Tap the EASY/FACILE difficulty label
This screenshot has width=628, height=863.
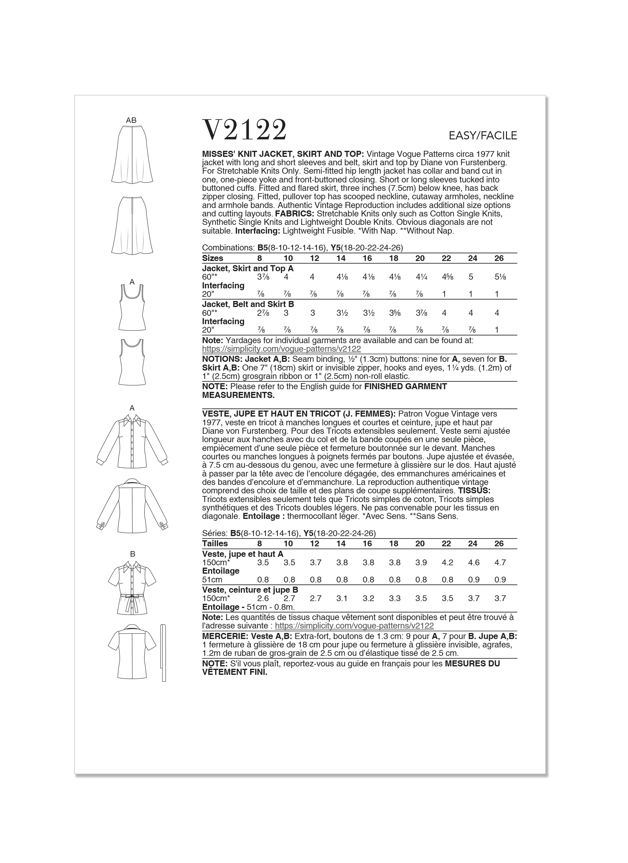pyautogui.click(x=483, y=135)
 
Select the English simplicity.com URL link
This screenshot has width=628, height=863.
pyautogui.click(x=282, y=349)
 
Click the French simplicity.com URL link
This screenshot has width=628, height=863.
pyautogui.click(x=354, y=626)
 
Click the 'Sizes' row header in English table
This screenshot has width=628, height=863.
pyautogui.click(x=213, y=258)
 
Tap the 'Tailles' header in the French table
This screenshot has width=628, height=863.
pyautogui.click(x=215, y=543)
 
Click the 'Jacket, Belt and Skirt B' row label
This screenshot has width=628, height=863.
pyautogui.click(x=248, y=304)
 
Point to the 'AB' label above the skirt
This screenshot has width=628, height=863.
pyautogui.click(x=131, y=120)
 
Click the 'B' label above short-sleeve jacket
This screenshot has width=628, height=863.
pyautogui.click(x=132, y=554)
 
